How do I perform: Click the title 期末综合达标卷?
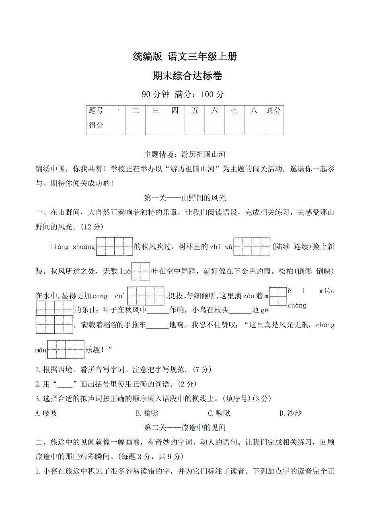(185, 76)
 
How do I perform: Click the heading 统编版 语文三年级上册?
(185, 57)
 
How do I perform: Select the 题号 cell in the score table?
(96, 111)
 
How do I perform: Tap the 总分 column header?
(273, 111)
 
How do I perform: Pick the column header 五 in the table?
(195, 111)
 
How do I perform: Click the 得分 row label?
(96, 125)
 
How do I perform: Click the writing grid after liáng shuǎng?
(114, 247)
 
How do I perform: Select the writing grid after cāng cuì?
(146, 296)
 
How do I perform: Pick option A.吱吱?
(46, 413)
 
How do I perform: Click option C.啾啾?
(219, 413)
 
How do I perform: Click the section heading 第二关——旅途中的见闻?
(185, 427)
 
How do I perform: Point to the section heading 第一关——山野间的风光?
(185, 198)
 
